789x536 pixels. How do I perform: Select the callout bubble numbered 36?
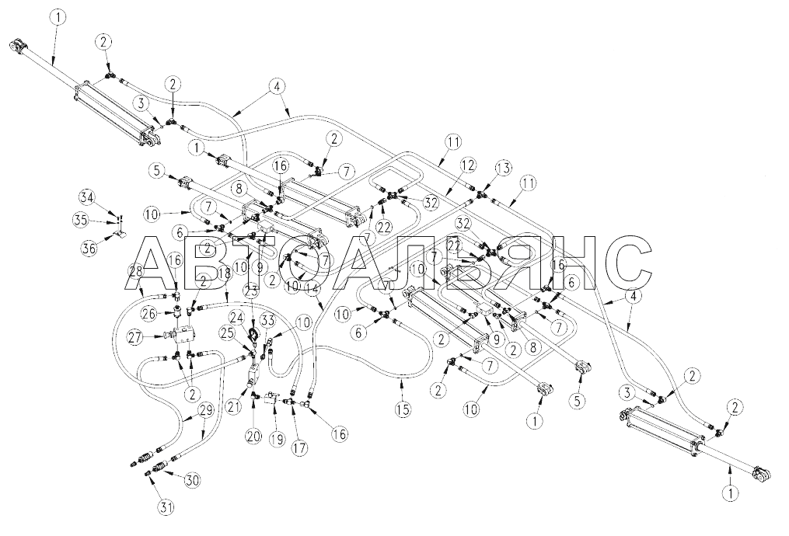pyautogui.click(x=89, y=248)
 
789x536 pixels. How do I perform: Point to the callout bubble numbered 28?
pyautogui.click(x=136, y=270)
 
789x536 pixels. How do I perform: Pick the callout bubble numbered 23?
pyautogui.click(x=250, y=292)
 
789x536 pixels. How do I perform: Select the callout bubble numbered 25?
pyautogui.click(x=229, y=333)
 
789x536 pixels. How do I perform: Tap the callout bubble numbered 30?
pyautogui.click(x=191, y=479)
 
